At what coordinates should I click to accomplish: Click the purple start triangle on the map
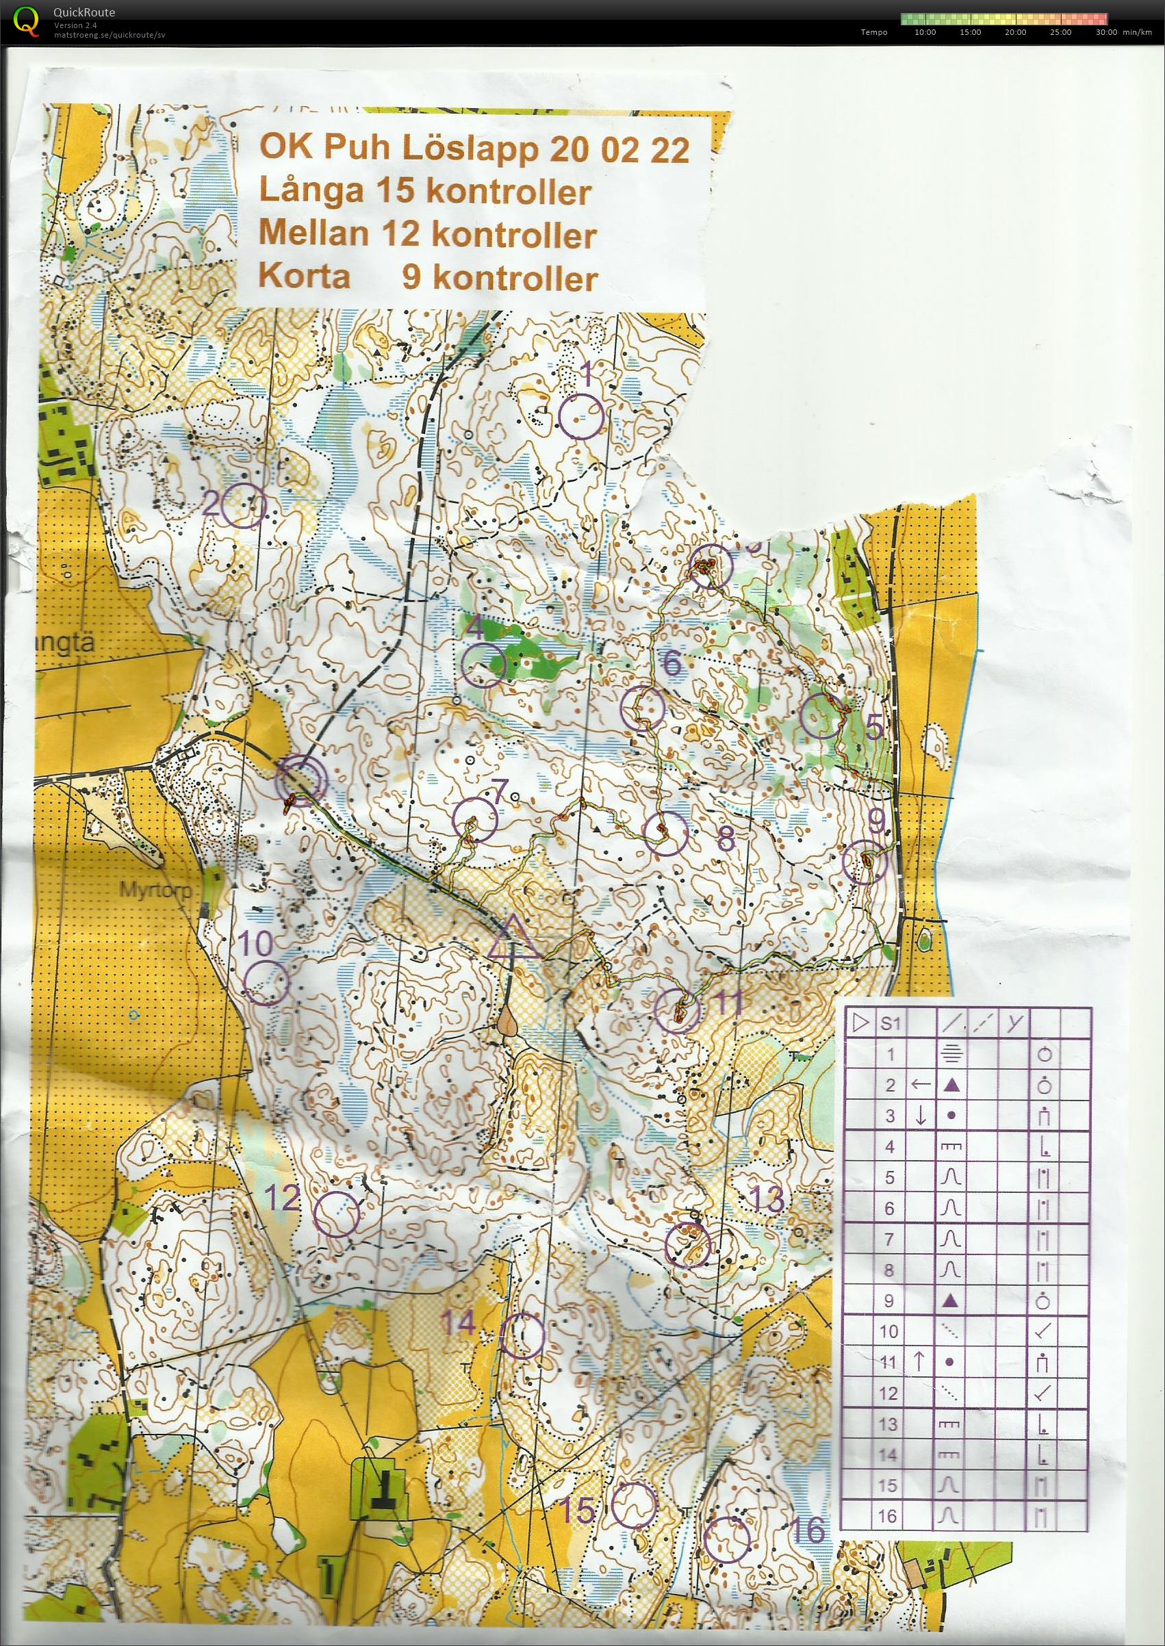pos(513,941)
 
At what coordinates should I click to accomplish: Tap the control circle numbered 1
pos(580,417)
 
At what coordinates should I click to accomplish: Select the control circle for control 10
pos(266,983)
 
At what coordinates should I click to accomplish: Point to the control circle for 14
pos(522,1337)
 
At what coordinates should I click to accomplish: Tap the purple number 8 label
pos(726,837)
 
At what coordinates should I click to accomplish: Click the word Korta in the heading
pos(304,275)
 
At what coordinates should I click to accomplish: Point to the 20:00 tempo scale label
pos(1015,32)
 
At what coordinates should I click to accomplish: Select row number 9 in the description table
pos(890,1301)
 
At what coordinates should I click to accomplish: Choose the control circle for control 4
pos(483,665)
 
